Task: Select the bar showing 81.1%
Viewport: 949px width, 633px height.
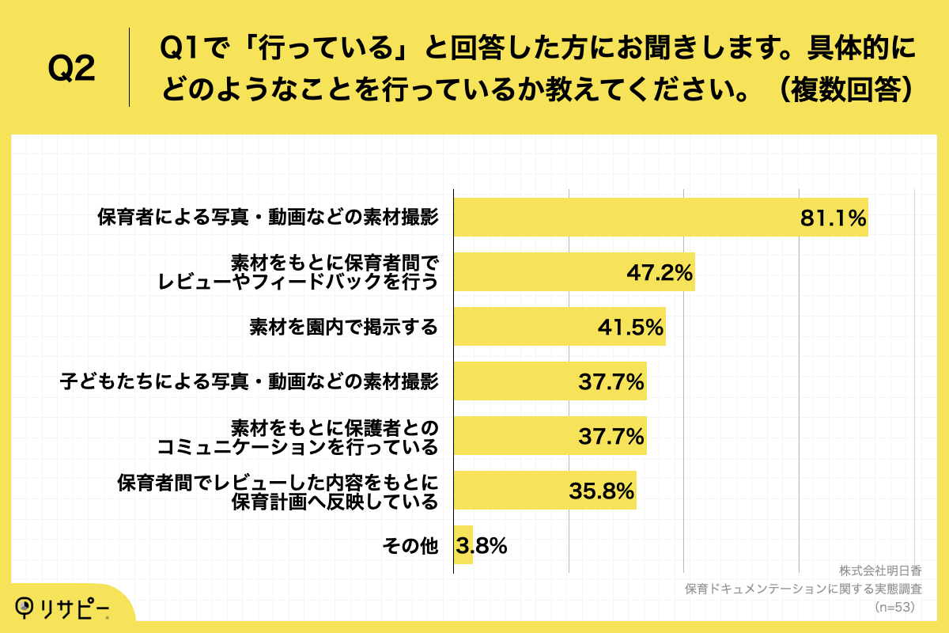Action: (x=660, y=218)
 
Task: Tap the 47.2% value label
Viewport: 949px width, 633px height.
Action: (x=660, y=273)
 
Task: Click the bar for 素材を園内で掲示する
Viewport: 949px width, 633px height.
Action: (x=559, y=327)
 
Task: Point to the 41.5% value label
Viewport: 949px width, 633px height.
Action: (x=630, y=327)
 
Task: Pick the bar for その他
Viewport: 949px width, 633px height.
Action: (x=463, y=545)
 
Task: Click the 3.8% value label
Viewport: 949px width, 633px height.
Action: (x=482, y=545)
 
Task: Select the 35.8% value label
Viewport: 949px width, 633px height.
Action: (x=602, y=491)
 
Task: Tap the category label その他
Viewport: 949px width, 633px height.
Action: (x=410, y=545)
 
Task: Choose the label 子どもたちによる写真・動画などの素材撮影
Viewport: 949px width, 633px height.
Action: (x=249, y=382)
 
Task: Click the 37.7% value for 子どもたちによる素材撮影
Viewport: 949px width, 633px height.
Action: (x=611, y=382)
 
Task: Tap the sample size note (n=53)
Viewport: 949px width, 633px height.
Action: (x=894, y=607)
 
